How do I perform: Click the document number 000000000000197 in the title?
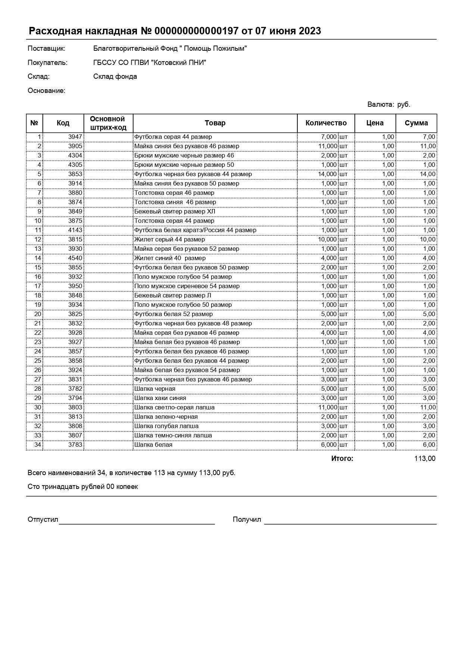(x=196, y=31)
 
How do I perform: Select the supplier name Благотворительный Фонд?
(x=170, y=49)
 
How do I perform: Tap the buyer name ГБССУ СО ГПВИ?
(x=150, y=63)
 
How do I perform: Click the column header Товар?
(x=215, y=123)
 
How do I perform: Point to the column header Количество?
(x=326, y=123)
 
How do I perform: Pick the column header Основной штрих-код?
(x=108, y=123)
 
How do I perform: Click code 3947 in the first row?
(x=75, y=137)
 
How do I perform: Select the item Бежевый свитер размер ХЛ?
(x=175, y=211)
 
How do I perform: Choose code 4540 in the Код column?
(x=75, y=258)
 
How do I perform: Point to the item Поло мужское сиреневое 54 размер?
(x=187, y=286)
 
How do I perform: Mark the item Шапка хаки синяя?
(x=160, y=398)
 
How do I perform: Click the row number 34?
(x=37, y=445)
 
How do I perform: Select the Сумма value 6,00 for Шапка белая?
(x=429, y=445)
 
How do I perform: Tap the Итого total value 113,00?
(x=425, y=458)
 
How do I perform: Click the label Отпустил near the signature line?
(x=43, y=520)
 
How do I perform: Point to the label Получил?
(x=247, y=520)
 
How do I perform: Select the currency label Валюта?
(x=381, y=105)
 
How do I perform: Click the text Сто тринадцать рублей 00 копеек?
(x=82, y=487)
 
